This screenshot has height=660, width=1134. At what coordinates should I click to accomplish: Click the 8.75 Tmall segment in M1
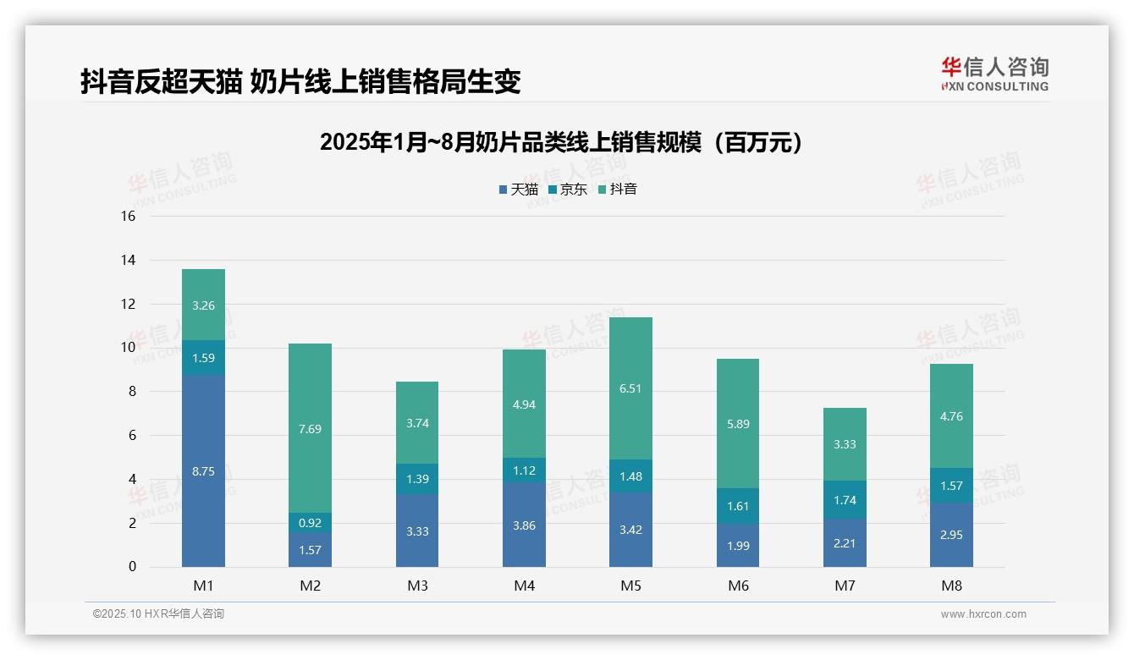point(203,471)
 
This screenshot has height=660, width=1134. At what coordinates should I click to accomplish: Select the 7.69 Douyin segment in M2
point(310,428)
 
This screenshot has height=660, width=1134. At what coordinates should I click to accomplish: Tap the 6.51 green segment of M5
point(630,388)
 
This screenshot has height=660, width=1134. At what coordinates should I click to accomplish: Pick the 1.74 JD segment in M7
point(845,500)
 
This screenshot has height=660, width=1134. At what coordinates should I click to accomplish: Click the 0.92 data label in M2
point(310,523)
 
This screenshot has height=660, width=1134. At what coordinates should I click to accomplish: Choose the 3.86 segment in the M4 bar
point(524,525)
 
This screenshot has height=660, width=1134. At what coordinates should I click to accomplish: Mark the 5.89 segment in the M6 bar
point(737,424)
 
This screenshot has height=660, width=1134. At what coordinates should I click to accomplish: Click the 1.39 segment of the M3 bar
point(417,479)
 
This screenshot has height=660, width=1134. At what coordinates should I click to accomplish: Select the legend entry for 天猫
point(519,190)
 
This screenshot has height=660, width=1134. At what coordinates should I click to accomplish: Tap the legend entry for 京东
point(568,190)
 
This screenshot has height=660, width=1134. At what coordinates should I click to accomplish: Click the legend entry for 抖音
point(618,190)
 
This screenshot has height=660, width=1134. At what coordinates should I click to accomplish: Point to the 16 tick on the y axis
point(128,216)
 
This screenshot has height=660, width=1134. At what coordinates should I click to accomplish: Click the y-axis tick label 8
point(131,391)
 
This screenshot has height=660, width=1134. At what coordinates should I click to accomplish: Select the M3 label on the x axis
point(417,586)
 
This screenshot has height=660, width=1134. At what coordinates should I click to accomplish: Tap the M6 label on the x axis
point(737,586)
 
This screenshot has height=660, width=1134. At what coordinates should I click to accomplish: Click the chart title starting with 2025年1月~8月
point(560,142)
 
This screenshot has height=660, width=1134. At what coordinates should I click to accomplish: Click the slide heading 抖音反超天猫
point(300,81)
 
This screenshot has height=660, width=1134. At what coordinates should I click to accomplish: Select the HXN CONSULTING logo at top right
point(994,74)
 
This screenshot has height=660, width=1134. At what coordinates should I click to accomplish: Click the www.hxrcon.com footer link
point(983,614)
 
